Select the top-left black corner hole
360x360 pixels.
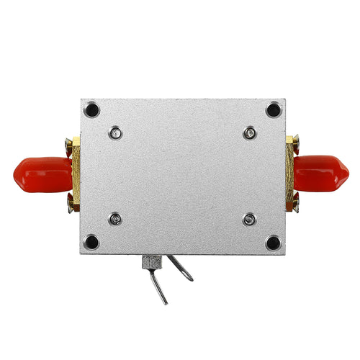pos(91,110)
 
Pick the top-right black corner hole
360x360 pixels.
pos(273,110)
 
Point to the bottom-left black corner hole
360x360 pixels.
pos(91,242)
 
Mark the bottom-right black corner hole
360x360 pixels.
pos(273,242)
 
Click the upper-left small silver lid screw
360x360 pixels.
pos(114,132)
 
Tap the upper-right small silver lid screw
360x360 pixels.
pos(249,132)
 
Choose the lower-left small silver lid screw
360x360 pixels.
pos(114,219)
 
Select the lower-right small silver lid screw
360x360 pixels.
pos(249,219)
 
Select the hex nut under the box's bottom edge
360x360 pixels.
pos(152,261)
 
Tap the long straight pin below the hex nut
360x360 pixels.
pos(161,287)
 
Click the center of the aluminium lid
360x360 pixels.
pos(182,176)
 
